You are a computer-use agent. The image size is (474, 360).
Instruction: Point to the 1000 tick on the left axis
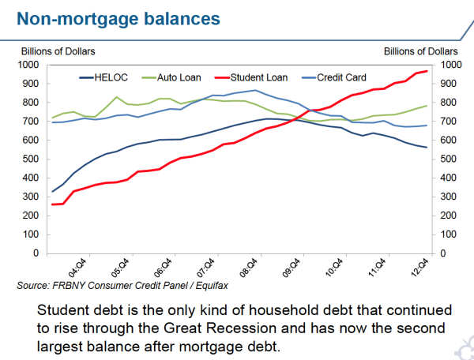coord(32,65)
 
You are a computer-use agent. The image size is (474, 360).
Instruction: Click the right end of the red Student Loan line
coord(427,71)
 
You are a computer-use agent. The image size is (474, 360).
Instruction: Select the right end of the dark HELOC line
coord(427,148)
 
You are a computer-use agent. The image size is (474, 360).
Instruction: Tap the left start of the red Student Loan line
coord(52,204)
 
